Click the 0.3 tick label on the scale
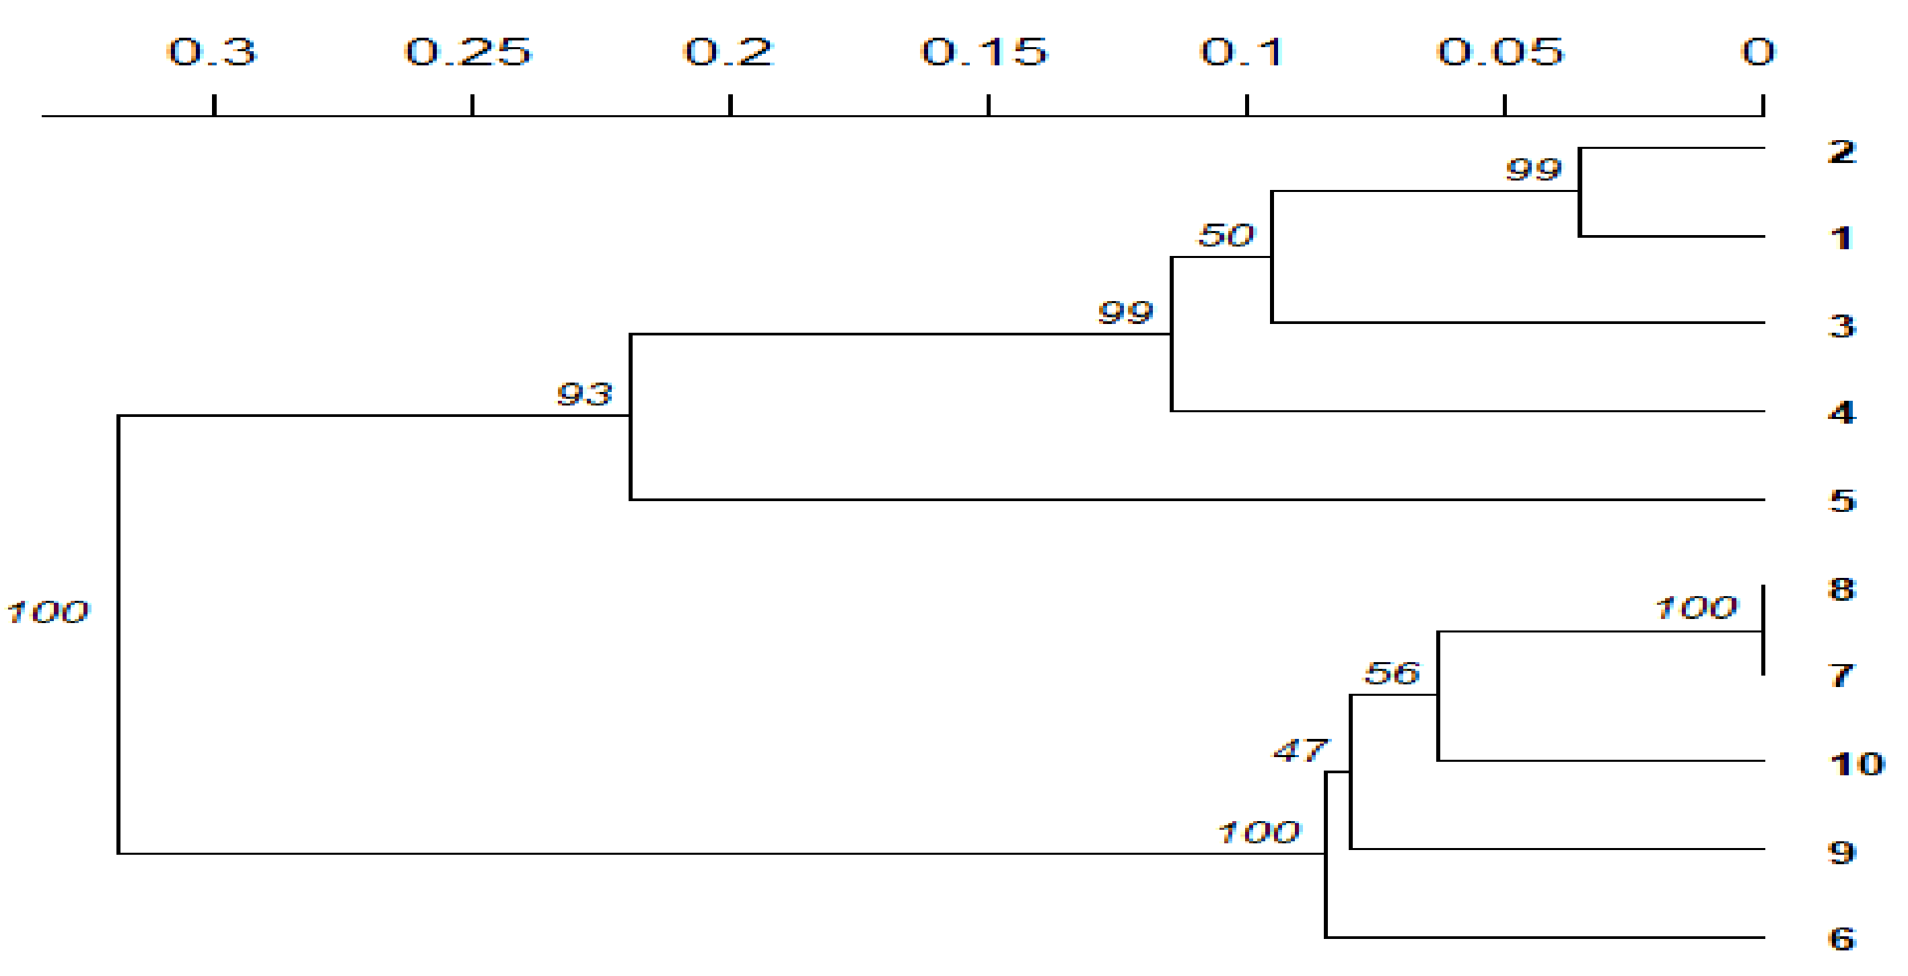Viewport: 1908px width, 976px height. [212, 52]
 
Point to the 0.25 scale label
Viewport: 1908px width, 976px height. [468, 52]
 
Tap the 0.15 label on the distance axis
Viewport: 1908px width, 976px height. [985, 52]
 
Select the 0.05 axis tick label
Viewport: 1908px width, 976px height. [1501, 52]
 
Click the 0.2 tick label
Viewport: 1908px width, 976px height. [728, 52]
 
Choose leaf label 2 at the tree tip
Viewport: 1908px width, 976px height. [1842, 152]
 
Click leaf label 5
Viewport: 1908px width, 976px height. [1842, 501]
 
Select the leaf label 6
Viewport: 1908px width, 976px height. [1842, 939]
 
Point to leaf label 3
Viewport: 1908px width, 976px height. [1842, 326]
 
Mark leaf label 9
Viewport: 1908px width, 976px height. [1842, 852]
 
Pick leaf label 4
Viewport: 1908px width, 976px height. [1842, 413]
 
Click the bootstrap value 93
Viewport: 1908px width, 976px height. [585, 393]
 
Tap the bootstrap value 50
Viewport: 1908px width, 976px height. [1226, 235]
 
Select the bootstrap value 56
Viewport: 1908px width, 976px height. [1392, 673]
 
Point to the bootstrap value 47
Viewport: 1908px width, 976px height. [1302, 751]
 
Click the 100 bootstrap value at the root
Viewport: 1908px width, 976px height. [47, 612]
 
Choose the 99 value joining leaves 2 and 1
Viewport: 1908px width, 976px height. [1534, 169]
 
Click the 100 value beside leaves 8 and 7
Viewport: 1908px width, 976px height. [1696, 608]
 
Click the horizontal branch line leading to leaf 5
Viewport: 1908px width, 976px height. [1185, 500]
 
